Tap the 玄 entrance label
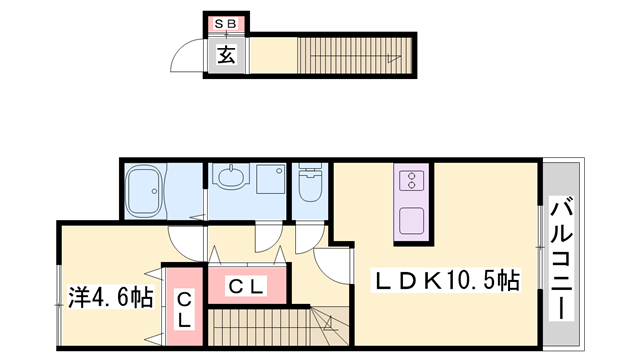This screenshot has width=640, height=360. point(227,55)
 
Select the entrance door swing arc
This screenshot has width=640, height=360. point(190,58)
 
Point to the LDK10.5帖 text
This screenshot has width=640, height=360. point(446,281)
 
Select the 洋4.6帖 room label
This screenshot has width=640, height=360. point(110,297)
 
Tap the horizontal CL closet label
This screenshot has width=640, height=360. point(246,287)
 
